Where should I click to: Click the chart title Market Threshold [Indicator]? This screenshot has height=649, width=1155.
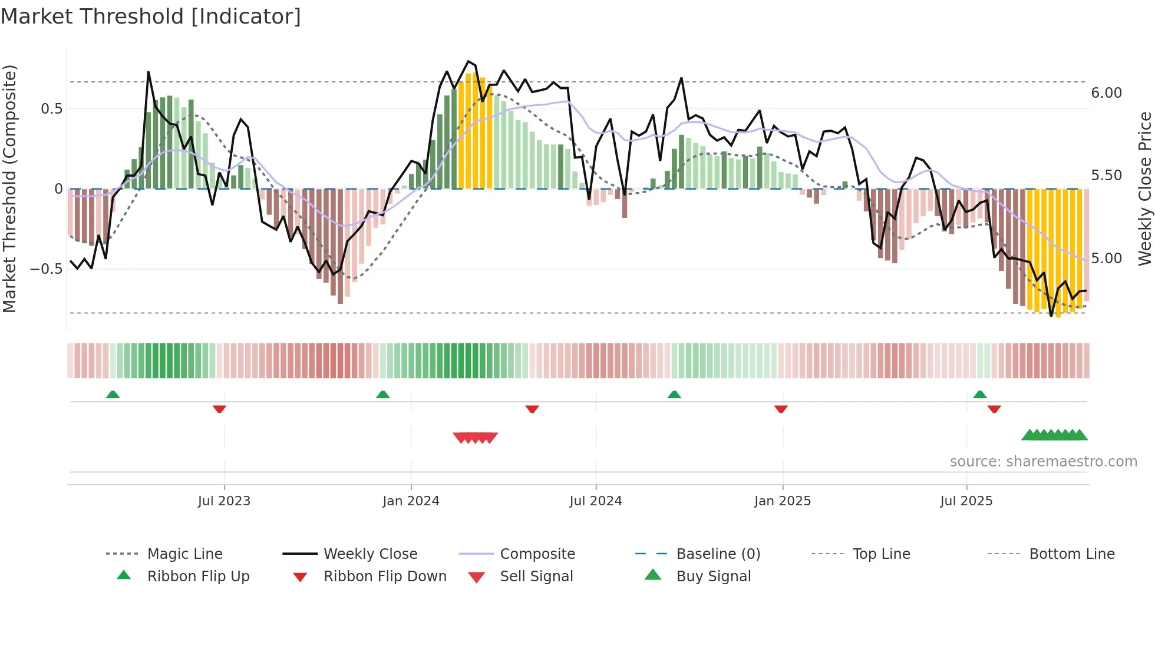coord(151,16)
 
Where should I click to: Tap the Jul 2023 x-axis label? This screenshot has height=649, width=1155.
coord(224,501)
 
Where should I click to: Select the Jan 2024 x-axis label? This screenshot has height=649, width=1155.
coord(411,501)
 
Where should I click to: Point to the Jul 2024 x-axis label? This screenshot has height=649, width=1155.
coord(595,501)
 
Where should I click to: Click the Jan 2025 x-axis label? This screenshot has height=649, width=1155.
coord(782,501)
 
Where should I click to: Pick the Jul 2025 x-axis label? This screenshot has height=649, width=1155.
coord(966,501)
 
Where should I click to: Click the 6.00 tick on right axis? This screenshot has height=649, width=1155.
coord(1106,93)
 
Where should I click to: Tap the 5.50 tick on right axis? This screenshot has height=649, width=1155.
coord(1106,176)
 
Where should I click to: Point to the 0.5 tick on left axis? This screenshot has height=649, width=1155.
coord(51,109)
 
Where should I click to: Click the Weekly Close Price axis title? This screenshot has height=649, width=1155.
coord(1144,188)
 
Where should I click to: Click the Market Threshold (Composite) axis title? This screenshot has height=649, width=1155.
coord(9,188)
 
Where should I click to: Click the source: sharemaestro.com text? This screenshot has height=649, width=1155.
coord(1043,462)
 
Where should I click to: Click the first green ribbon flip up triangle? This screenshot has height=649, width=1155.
coord(113,395)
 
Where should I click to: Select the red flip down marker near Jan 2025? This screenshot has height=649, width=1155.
coord(781,409)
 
